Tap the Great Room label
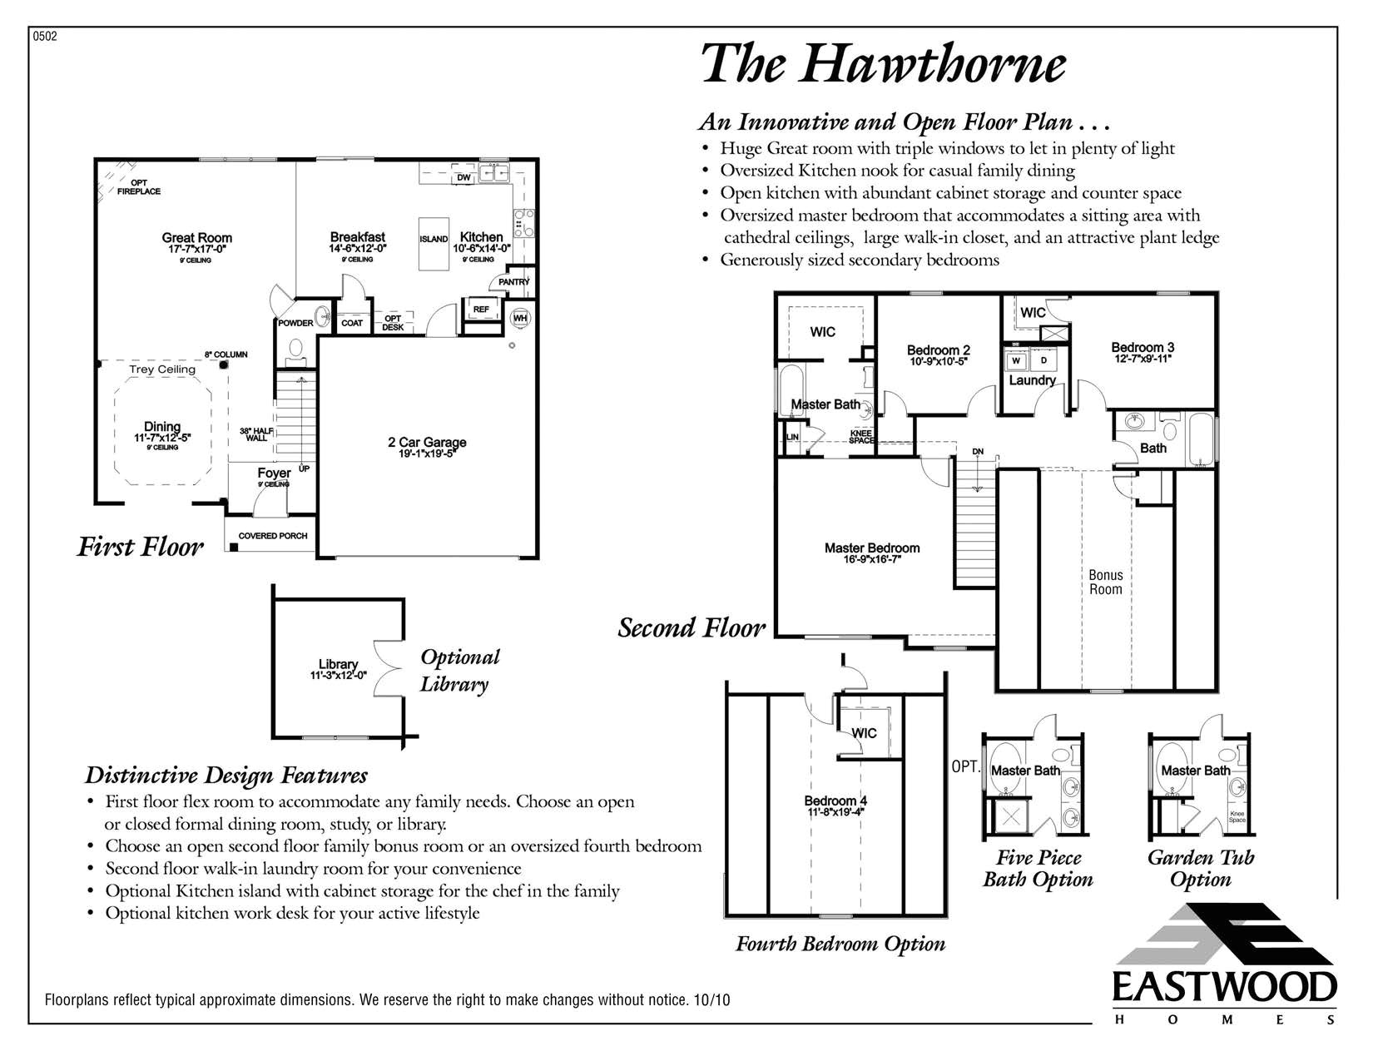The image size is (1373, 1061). coord(197,238)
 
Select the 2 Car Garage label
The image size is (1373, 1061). coord(427,443)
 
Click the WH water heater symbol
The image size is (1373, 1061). coord(520,317)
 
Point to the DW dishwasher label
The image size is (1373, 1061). coord(463,178)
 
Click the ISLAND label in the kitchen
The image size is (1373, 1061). coord(434,240)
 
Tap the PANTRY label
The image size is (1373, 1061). coord(513,282)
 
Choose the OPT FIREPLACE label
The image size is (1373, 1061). coord(139,187)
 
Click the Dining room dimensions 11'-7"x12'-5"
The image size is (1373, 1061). coord(162,438)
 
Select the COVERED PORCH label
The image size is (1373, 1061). coord(273,536)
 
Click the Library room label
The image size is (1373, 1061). coord(338,664)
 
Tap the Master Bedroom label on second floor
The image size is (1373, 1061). coord(872,548)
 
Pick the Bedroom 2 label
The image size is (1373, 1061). coord(938,350)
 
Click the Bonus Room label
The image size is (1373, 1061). coord(1106,582)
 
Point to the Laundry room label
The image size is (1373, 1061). coord(1032,380)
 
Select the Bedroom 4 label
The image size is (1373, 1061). coord(835,801)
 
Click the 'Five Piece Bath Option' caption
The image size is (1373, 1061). coord(1038,868)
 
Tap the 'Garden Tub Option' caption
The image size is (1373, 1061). coord(1200,868)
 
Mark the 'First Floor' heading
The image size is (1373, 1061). coord(140,547)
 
